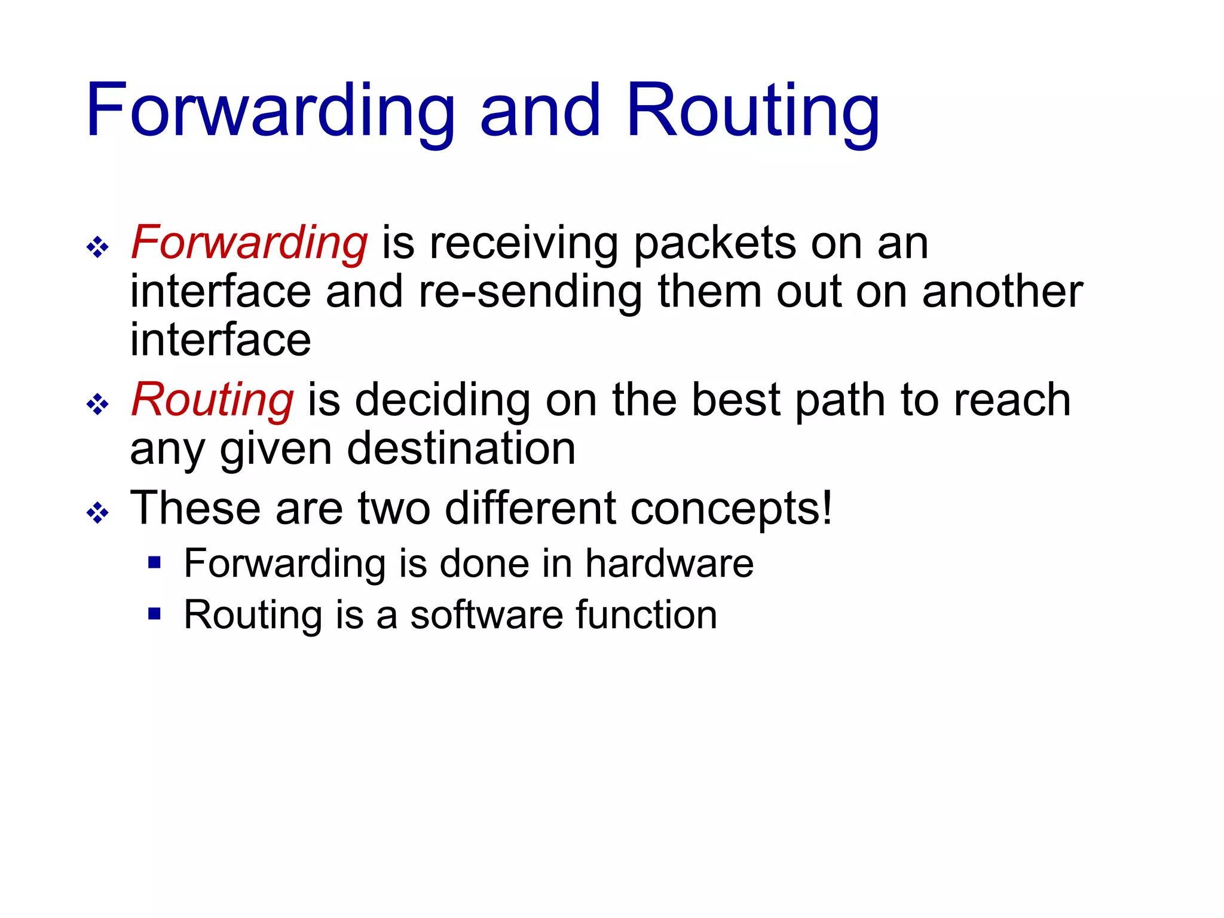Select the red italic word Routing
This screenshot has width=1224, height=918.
(212, 400)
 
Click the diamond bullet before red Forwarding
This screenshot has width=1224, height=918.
(97, 247)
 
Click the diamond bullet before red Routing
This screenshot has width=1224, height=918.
(97, 405)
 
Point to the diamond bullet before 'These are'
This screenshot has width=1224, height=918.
(97, 513)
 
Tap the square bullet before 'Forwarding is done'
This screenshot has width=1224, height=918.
(155, 562)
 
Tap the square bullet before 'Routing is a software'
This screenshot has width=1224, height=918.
(155, 613)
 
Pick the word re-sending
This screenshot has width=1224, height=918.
(530, 292)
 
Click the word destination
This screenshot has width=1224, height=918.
(461, 449)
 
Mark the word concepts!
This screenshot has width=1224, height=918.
(732, 509)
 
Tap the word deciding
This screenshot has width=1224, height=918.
(442, 400)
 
